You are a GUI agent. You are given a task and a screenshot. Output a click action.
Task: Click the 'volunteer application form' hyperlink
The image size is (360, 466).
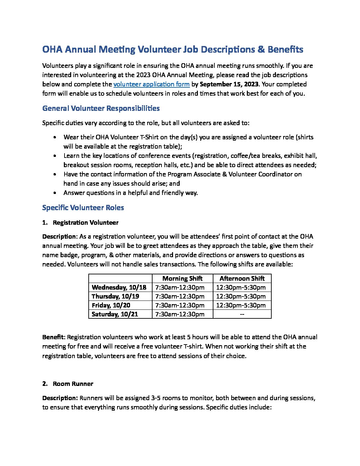[x=151, y=84]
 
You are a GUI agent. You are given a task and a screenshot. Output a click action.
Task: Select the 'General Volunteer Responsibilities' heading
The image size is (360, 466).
[x=101, y=109]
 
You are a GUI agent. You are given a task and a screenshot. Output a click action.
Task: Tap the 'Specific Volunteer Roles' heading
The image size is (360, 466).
[x=83, y=208]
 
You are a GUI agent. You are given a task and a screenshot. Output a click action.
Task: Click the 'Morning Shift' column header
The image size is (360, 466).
[x=182, y=278]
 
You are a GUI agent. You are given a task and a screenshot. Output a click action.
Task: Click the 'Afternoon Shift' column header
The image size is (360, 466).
[x=242, y=278]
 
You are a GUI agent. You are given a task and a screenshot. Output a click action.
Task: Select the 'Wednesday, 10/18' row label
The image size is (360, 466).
[x=119, y=287]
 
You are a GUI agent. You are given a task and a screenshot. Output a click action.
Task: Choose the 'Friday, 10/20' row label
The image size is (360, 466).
[x=111, y=305]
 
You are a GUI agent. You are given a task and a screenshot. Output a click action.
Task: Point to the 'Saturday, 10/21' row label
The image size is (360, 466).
[x=114, y=314]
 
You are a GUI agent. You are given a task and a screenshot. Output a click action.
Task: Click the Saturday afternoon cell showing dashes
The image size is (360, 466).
[x=242, y=314]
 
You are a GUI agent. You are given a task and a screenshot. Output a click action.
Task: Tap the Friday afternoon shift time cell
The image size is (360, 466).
[x=241, y=305]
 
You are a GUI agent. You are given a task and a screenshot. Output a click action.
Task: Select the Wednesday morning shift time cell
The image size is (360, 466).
[x=180, y=287]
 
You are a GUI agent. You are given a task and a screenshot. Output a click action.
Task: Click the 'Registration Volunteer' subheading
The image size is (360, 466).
[x=85, y=223]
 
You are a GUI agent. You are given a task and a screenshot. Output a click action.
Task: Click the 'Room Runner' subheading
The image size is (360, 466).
[x=73, y=384]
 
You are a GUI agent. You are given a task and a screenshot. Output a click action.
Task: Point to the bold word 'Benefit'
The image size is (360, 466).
[x=54, y=337]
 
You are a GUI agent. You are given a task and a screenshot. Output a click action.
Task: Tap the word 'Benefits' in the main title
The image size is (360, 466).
[x=285, y=50]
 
